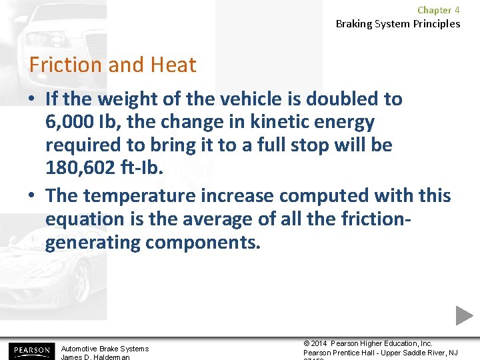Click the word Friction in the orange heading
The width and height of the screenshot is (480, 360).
(65, 65)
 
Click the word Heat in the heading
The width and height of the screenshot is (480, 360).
(173, 65)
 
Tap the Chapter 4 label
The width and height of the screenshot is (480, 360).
(438, 10)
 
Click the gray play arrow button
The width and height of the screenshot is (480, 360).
(465, 315)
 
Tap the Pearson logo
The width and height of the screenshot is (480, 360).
(30, 350)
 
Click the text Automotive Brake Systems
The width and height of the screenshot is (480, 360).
(105, 349)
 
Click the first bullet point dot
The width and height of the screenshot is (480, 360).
(32, 99)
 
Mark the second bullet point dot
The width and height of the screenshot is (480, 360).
(32, 196)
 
